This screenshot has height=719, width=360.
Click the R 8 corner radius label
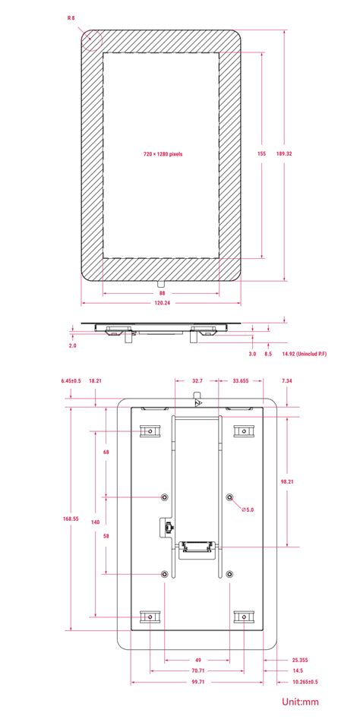pyautogui.click(x=71, y=17)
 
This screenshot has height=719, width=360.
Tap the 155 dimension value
pyautogui.click(x=261, y=153)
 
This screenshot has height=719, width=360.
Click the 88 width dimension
pyautogui.click(x=162, y=292)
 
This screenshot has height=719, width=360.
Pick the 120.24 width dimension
pyautogui.click(x=162, y=303)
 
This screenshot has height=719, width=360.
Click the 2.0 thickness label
pyautogui.click(x=72, y=345)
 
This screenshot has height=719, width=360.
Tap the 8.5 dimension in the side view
pyautogui.click(x=268, y=354)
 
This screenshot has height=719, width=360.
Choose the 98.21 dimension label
pyautogui.click(x=287, y=481)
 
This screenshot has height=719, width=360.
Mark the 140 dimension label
pyautogui.click(x=95, y=522)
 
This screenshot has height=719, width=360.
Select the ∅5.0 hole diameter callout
pyautogui.click(x=248, y=509)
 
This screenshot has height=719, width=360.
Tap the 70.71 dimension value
pyautogui.click(x=197, y=671)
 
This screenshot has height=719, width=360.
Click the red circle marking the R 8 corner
pyautogui.click(x=91, y=39)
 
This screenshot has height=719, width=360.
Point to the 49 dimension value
pyautogui.click(x=197, y=660)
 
